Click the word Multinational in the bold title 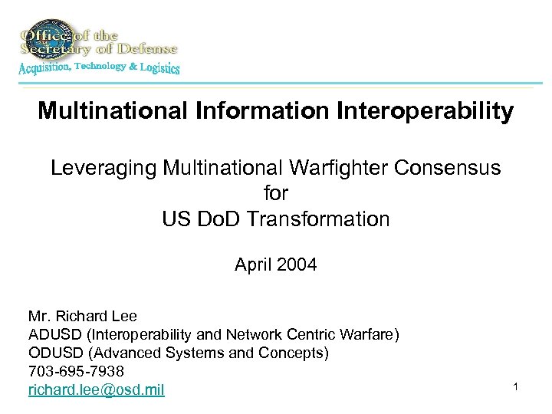(x=107, y=112)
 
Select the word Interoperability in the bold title (x=425, y=112)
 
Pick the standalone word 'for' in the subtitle (x=275, y=193)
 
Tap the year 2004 (x=297, y=266)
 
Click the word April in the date (x=254, y=266)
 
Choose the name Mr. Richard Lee (x=83, y=316)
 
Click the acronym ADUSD (x=51, y=334)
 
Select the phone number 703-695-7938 (x=76, y=371)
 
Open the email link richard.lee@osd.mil (x=96, y=390)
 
